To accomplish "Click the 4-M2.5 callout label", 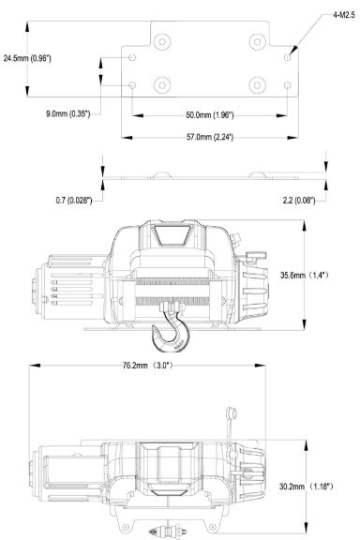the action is tap(343, 16).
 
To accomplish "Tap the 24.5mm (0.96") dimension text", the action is tap(27, 58).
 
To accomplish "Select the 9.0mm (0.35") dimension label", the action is tap(68, 113).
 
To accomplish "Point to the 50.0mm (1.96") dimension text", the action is tap(210, 115).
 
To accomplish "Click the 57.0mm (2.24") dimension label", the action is tap(210, 137).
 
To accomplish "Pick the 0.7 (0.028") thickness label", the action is tap(74, 200).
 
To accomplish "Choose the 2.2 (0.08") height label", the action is tap(299, 200).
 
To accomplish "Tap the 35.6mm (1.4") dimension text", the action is tap(305, 276).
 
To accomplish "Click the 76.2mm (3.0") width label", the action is tap(147, 366).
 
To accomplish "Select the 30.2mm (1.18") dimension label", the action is tap(307, 487).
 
